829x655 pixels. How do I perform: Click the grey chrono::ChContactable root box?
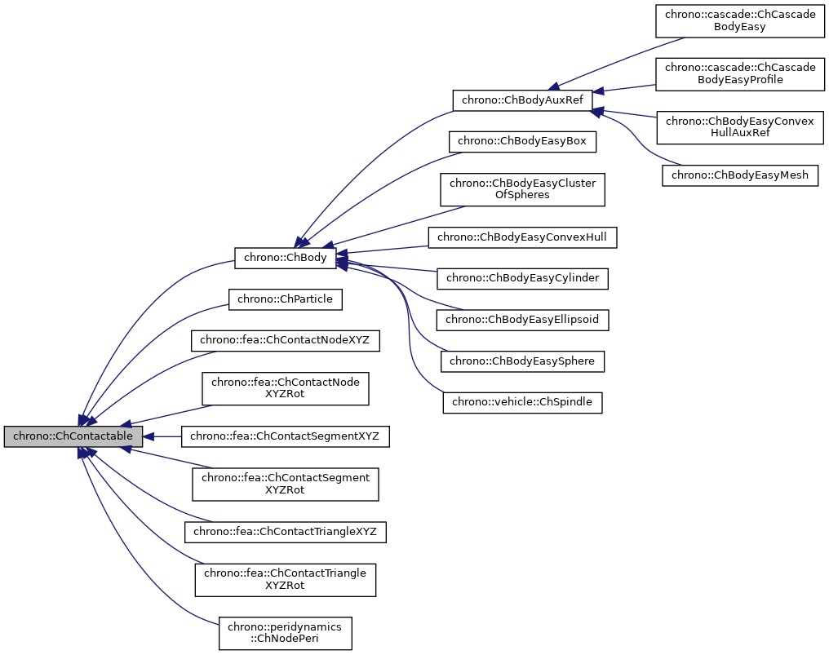[73, 436]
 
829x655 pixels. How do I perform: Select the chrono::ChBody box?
[282, 258]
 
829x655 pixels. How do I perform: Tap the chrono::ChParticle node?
[285, 299]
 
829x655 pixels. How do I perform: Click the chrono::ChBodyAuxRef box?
[522, 100]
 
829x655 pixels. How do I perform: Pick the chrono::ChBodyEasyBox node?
[522, 141]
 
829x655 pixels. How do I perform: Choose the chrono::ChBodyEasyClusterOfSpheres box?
[522, 189]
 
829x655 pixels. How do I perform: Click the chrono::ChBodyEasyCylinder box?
[522, 278]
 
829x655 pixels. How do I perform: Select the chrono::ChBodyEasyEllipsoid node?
[522, 320]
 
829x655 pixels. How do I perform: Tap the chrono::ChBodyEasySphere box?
[522, 361]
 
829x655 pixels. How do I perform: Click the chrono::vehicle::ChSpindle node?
[522, 401]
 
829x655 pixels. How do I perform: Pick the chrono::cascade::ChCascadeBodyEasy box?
[740, 20]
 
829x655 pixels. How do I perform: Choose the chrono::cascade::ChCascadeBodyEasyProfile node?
[740, 73]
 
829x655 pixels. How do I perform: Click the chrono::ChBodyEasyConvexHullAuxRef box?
[740, 126]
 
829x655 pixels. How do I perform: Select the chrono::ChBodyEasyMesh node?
[740, 175]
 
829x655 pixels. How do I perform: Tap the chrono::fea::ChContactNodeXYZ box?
[285, 340]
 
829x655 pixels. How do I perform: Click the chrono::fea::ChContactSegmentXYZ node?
[285, 436]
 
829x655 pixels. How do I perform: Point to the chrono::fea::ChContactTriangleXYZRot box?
[285, 579]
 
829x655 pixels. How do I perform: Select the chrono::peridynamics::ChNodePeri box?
[285, 633]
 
